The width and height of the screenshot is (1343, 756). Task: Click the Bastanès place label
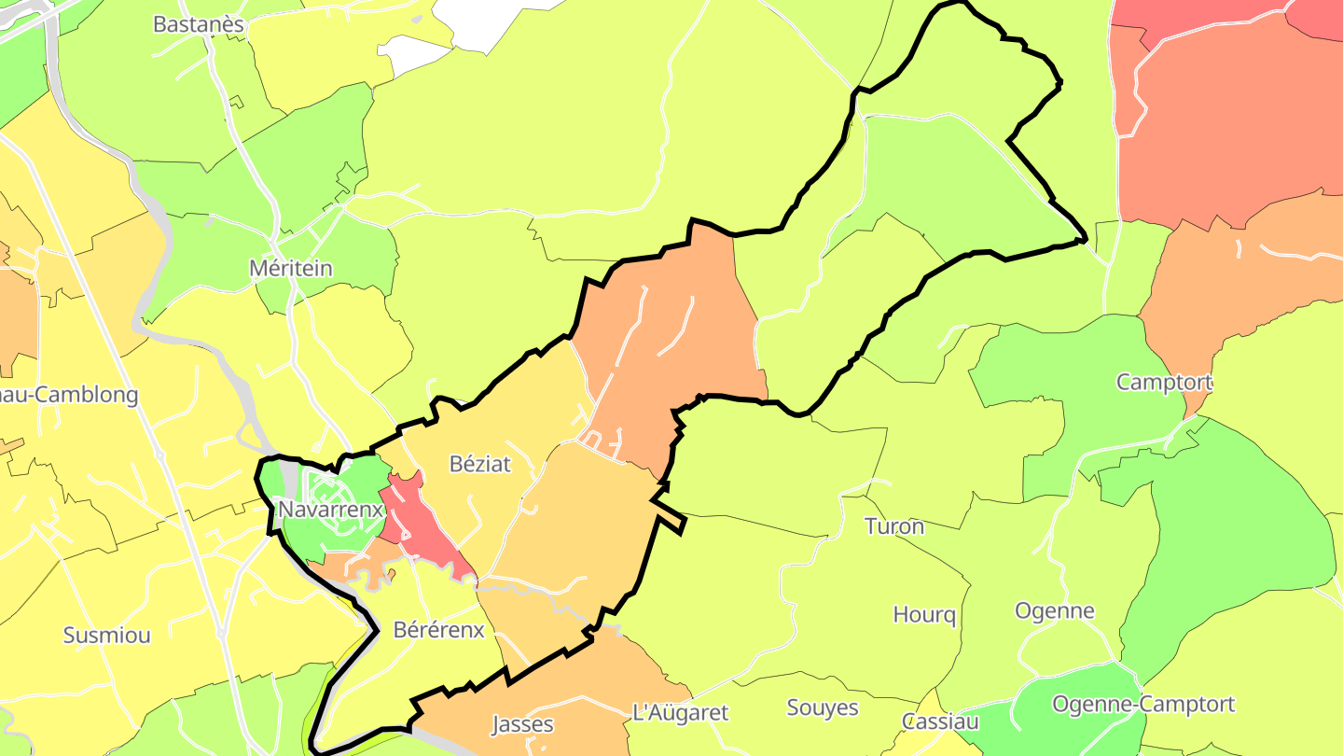point(198,24)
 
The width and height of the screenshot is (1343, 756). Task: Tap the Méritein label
point(290,268)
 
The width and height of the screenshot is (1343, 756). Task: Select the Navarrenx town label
point(331,510)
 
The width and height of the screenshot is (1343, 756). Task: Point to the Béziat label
point(480,463)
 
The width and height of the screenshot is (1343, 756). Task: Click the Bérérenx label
point(438,629)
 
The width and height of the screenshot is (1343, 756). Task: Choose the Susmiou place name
point(106,636)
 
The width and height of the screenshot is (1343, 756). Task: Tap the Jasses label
point(522,724)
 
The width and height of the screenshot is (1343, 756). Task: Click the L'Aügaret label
point(680,712)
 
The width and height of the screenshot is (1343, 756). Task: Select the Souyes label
point(823,707)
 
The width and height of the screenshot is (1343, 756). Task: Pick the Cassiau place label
point(940,721)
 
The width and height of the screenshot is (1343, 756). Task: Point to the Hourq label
point(924,615)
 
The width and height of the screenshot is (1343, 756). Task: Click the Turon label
point(894,525)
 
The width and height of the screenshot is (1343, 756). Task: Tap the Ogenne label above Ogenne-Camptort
point(1054,611)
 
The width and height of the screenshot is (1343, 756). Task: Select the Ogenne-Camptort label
point(1142,704)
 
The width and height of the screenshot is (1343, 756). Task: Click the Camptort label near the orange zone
point(1164,382)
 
